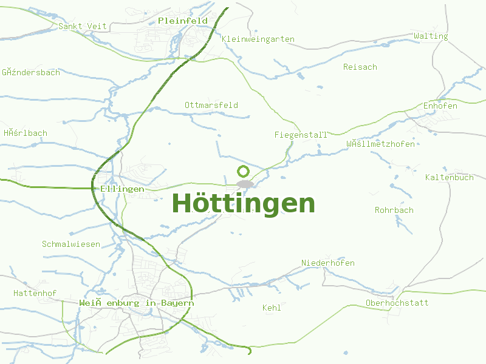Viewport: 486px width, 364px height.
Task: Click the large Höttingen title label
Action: tap(244, 203)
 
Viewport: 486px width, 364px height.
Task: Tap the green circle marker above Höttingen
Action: tap(243, 172)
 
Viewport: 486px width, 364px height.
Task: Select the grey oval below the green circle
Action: tap(245, 184)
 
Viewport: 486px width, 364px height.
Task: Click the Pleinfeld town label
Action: tap(182, 21)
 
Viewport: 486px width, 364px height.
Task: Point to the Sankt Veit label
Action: tap(83, 26)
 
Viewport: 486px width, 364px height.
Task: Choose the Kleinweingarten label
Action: tap(258, 39)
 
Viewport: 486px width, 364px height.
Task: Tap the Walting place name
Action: tap(431, 36)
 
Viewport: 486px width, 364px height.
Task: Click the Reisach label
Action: tap(360, 67)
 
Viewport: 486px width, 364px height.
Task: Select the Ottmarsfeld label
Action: tap(211, 105)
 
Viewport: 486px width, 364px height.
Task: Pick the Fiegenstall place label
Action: tap(301, 135)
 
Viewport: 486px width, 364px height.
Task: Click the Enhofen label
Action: tap(440, 106)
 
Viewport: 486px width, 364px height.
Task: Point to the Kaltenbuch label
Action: tap(450, 177)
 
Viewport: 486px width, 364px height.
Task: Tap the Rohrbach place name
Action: tap(394, 210)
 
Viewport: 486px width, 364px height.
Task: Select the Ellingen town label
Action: tap(123, 189)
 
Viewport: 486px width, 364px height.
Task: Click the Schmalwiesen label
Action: tap(71, 244)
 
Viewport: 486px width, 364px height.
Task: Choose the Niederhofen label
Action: tap(328, 263)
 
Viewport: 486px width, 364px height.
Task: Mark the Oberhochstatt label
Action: tap(397, 303)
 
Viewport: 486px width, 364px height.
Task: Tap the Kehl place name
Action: tap(272, 308)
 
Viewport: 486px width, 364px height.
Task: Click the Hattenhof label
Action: tap(35, 293)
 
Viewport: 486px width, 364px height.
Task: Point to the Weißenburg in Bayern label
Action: tap(137, 303)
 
